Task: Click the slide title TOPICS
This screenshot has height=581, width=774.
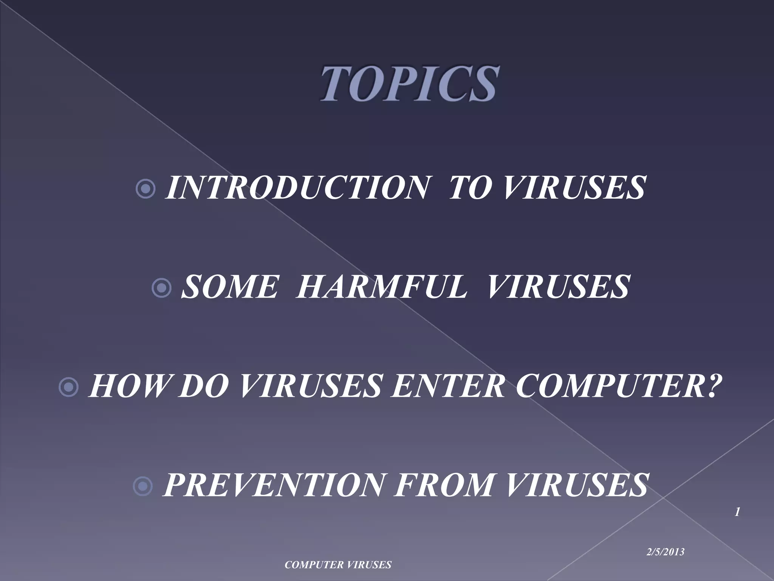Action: (408, 83)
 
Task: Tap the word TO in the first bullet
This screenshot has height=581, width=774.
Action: (472, 188)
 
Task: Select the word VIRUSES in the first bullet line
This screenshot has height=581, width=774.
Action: (574, 188)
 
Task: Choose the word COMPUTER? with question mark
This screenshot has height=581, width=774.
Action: (616, 386)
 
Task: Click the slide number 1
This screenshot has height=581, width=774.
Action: (737, 513)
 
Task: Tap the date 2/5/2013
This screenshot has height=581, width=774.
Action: (666, 552)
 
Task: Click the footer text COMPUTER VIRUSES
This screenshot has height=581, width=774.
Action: (338, 565)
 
